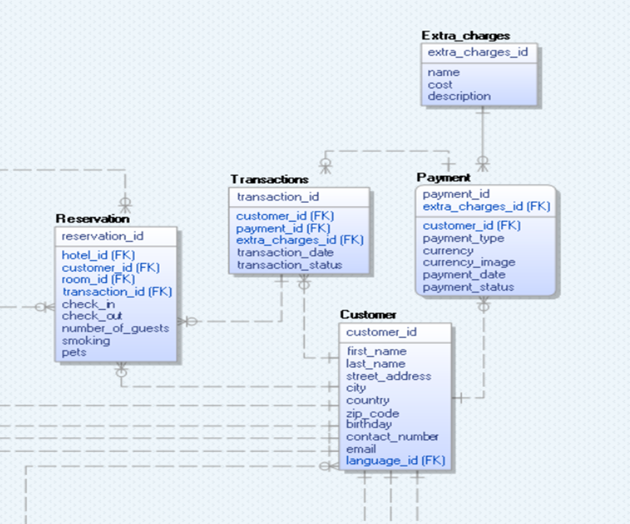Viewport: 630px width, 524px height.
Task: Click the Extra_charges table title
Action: point(466,36)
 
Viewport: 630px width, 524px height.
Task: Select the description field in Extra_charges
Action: point(459,97)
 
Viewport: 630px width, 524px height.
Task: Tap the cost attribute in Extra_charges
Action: point(440,85)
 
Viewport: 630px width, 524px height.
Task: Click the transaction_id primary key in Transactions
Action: point(278,197)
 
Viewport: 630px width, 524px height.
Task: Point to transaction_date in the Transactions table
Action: point(285,253)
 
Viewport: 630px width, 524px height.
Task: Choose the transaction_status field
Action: point(289,265)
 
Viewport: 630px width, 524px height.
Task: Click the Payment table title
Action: point(444,178)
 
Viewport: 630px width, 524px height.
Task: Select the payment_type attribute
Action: point(463,238)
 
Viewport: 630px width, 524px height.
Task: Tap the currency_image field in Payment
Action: point(469,263)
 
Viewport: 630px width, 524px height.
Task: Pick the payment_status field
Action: point(468,287)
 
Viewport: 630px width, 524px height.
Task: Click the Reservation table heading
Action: point(92,219)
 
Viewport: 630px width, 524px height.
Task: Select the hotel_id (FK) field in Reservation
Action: point(98,255)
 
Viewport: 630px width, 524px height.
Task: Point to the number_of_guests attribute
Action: point(115,328)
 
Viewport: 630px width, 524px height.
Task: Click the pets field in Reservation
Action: point(74,352)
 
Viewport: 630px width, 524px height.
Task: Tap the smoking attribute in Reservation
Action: point(86,341)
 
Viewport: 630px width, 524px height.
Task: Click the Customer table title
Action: point(368,315)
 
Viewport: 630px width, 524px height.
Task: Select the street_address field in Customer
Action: point(388,376)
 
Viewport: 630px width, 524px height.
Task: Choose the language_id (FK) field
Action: point(395,461)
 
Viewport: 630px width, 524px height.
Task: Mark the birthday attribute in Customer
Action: point(369,424)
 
